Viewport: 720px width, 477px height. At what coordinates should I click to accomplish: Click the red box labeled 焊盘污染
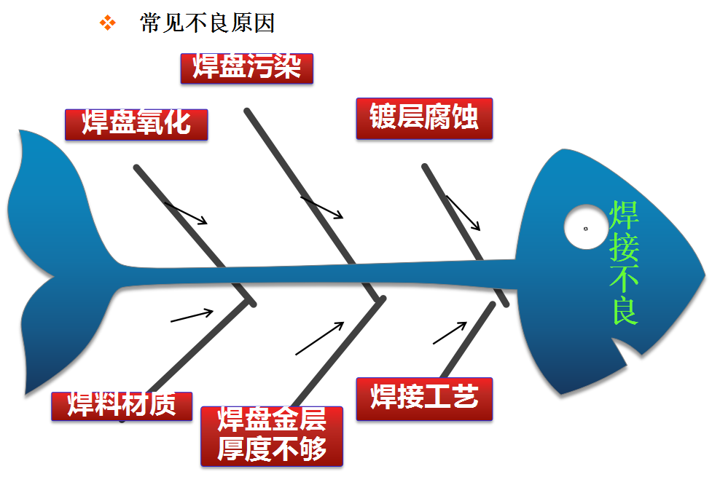[247, 68]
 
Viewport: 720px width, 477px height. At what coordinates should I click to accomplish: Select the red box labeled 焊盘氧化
[136, 125]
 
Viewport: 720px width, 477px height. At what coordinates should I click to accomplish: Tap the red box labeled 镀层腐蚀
[424, 118]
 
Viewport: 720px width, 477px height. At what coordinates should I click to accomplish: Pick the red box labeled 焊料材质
[122, 406]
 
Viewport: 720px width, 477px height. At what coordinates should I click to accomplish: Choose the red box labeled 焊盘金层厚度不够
[272, 436]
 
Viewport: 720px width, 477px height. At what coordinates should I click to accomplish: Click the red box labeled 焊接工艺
[424, 399]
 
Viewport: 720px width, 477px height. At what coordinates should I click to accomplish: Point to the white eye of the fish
[586, 227]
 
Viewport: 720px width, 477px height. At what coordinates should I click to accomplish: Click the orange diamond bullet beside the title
[108, 23]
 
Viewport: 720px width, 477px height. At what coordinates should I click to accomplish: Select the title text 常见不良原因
[207, 23]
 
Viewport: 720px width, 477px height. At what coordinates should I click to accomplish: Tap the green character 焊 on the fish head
[624, 215]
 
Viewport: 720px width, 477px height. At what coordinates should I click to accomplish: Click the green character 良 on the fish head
[625, 310]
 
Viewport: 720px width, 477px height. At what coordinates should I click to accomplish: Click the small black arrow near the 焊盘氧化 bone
[186, 213]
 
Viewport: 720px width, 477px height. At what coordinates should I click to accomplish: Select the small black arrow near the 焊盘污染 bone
[322, 208]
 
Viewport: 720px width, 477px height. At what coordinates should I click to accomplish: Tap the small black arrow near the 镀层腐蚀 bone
[463, 213]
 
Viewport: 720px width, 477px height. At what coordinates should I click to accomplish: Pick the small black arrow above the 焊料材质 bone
[192, 315]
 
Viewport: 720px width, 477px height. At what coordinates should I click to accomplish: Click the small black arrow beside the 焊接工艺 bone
[450, 333]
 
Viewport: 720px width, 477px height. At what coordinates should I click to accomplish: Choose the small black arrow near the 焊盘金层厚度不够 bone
[320, 339]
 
